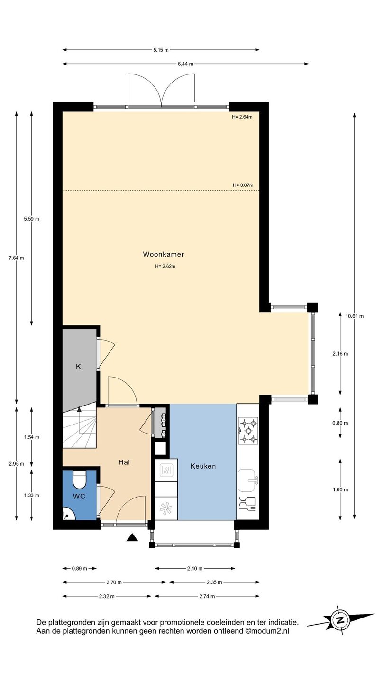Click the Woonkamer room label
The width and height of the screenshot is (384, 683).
164,254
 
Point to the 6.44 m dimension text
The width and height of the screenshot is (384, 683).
186,64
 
